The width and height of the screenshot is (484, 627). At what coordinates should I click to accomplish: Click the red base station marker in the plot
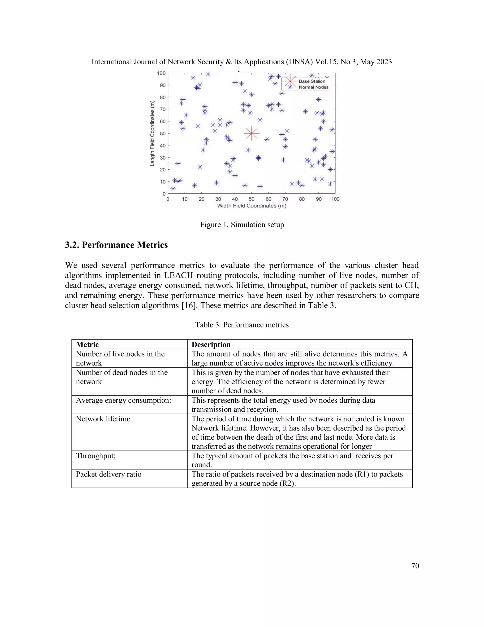[x=251, y=133]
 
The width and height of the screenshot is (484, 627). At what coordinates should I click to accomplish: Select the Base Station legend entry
[x=312, y=81]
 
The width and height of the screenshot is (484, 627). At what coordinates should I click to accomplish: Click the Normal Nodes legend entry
[x=313, y=87]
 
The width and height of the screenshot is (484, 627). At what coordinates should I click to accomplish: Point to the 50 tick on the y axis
[x=163, y=133]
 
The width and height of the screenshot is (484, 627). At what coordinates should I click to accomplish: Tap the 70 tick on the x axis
[x=285, y=199]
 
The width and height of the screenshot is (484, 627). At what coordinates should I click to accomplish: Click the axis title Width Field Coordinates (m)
[x=251, y=206]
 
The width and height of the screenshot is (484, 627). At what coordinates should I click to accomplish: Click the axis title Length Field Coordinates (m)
[x=152, y=133]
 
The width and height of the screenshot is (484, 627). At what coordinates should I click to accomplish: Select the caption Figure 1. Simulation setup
[x=242, y=225]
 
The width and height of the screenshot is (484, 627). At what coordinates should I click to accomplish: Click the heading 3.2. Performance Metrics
[x=116, y=245]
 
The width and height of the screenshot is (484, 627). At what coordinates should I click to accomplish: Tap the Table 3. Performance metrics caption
[x=242, y=325]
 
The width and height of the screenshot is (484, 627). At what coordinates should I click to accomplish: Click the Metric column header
[x=87, y=344]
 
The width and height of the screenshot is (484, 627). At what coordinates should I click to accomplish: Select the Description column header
[x=211, y=344]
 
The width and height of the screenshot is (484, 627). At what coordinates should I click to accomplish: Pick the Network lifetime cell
[x=103, y=419]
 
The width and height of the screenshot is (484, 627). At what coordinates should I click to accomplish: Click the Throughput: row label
[x=95, y=456]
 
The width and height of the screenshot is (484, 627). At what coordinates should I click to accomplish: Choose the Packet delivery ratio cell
[x=108, y=474]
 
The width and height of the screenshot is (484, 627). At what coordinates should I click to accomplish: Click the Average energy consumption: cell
[x=123, y=400]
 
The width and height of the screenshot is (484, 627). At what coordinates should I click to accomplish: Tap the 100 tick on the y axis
[x=161, y=73]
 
